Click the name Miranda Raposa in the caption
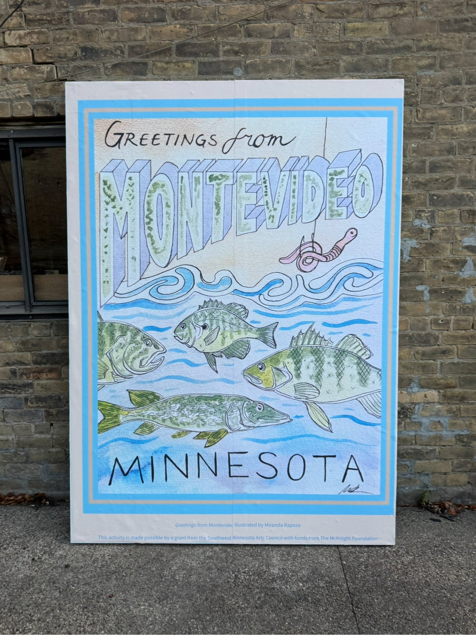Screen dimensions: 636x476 coord(281,525)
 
